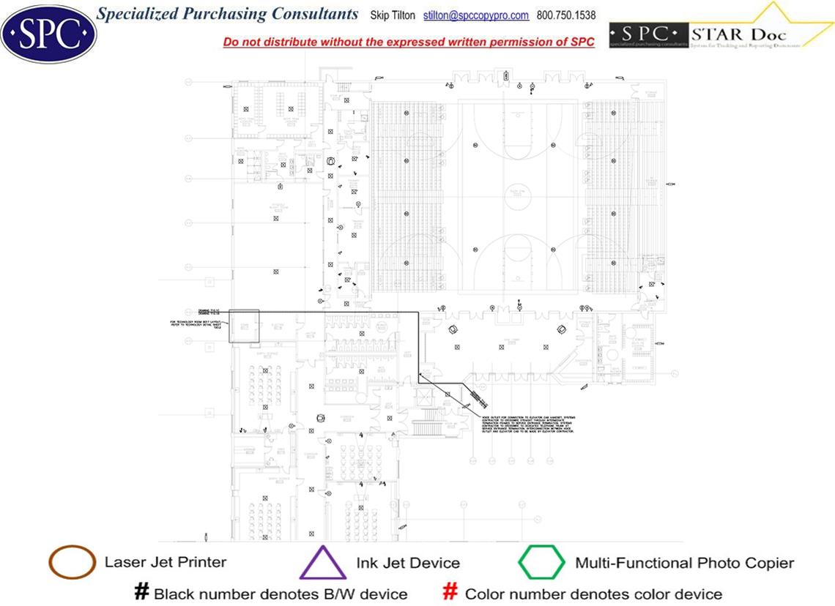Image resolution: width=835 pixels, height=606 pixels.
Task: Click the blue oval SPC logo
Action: pos(48,33)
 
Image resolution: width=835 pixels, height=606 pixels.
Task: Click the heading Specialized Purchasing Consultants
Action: pos(228,14)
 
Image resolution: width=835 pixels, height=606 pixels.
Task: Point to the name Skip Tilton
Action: pos(393,15)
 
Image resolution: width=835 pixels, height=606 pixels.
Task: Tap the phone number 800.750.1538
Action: pos(566,15)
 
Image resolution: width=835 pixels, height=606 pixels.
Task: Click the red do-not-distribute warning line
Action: pos(409,42)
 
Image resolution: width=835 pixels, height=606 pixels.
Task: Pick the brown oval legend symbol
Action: pos(72,563)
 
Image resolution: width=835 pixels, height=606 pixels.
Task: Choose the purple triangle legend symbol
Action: pos(322,564)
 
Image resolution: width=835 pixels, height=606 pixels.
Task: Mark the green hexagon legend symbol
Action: pos(541,563)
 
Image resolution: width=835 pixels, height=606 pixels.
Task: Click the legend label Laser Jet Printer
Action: pos(166,563)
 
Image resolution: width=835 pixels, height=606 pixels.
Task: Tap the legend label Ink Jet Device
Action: pos(408,564)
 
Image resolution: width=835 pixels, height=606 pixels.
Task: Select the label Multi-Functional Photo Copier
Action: pos(684,564)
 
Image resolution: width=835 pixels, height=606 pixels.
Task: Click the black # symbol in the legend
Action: pos(142,593)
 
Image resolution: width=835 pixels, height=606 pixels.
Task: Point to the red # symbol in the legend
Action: pos(451,593)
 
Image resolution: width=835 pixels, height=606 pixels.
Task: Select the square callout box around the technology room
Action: pos(244,326)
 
